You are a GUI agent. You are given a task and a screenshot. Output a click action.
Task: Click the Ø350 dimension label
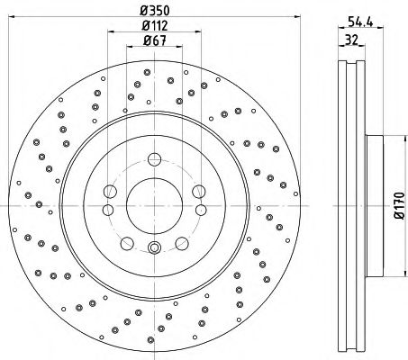[155, 11]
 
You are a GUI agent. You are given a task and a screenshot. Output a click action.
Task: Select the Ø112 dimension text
[155, 25]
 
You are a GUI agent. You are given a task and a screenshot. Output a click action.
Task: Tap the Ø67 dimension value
[155, 40]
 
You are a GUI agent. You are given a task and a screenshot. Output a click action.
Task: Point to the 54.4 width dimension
[360, 22]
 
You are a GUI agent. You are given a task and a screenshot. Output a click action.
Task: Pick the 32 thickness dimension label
[351, 40]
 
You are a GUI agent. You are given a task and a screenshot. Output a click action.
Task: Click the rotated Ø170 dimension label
[400, 206]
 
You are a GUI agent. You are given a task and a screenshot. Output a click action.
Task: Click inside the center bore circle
[154, 206]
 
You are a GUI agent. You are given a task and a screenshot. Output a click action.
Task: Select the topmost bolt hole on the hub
[154, 159]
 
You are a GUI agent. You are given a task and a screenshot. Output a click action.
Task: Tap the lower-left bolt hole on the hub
[127, 243]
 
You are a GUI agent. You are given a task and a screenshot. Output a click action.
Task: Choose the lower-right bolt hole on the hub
[182, 243]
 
